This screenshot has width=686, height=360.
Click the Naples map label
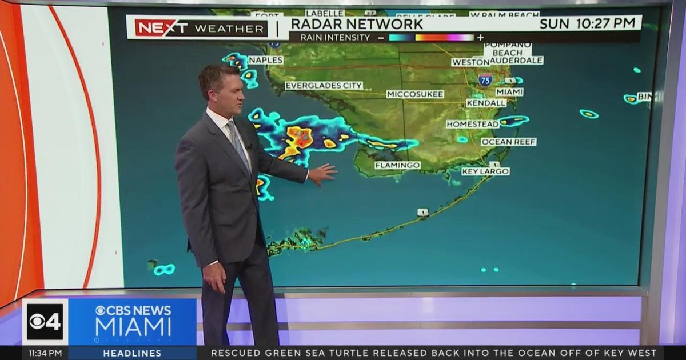[265, 60]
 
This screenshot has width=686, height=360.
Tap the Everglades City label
[324, 86]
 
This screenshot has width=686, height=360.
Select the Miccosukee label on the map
[415, 94]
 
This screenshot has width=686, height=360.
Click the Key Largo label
[485, 171]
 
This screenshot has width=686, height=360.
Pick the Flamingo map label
[397, 165]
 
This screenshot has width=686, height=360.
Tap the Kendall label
[486, 103]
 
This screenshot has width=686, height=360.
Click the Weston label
[470, 62]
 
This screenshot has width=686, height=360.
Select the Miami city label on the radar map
[509, 92]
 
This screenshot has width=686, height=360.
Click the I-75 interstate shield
[485, 79]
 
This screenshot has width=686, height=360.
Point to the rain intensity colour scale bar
[431, 38]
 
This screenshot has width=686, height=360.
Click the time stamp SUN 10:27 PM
[588, 23]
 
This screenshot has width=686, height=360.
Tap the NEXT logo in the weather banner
[162, 27]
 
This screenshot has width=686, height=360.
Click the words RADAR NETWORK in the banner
[357, 23]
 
